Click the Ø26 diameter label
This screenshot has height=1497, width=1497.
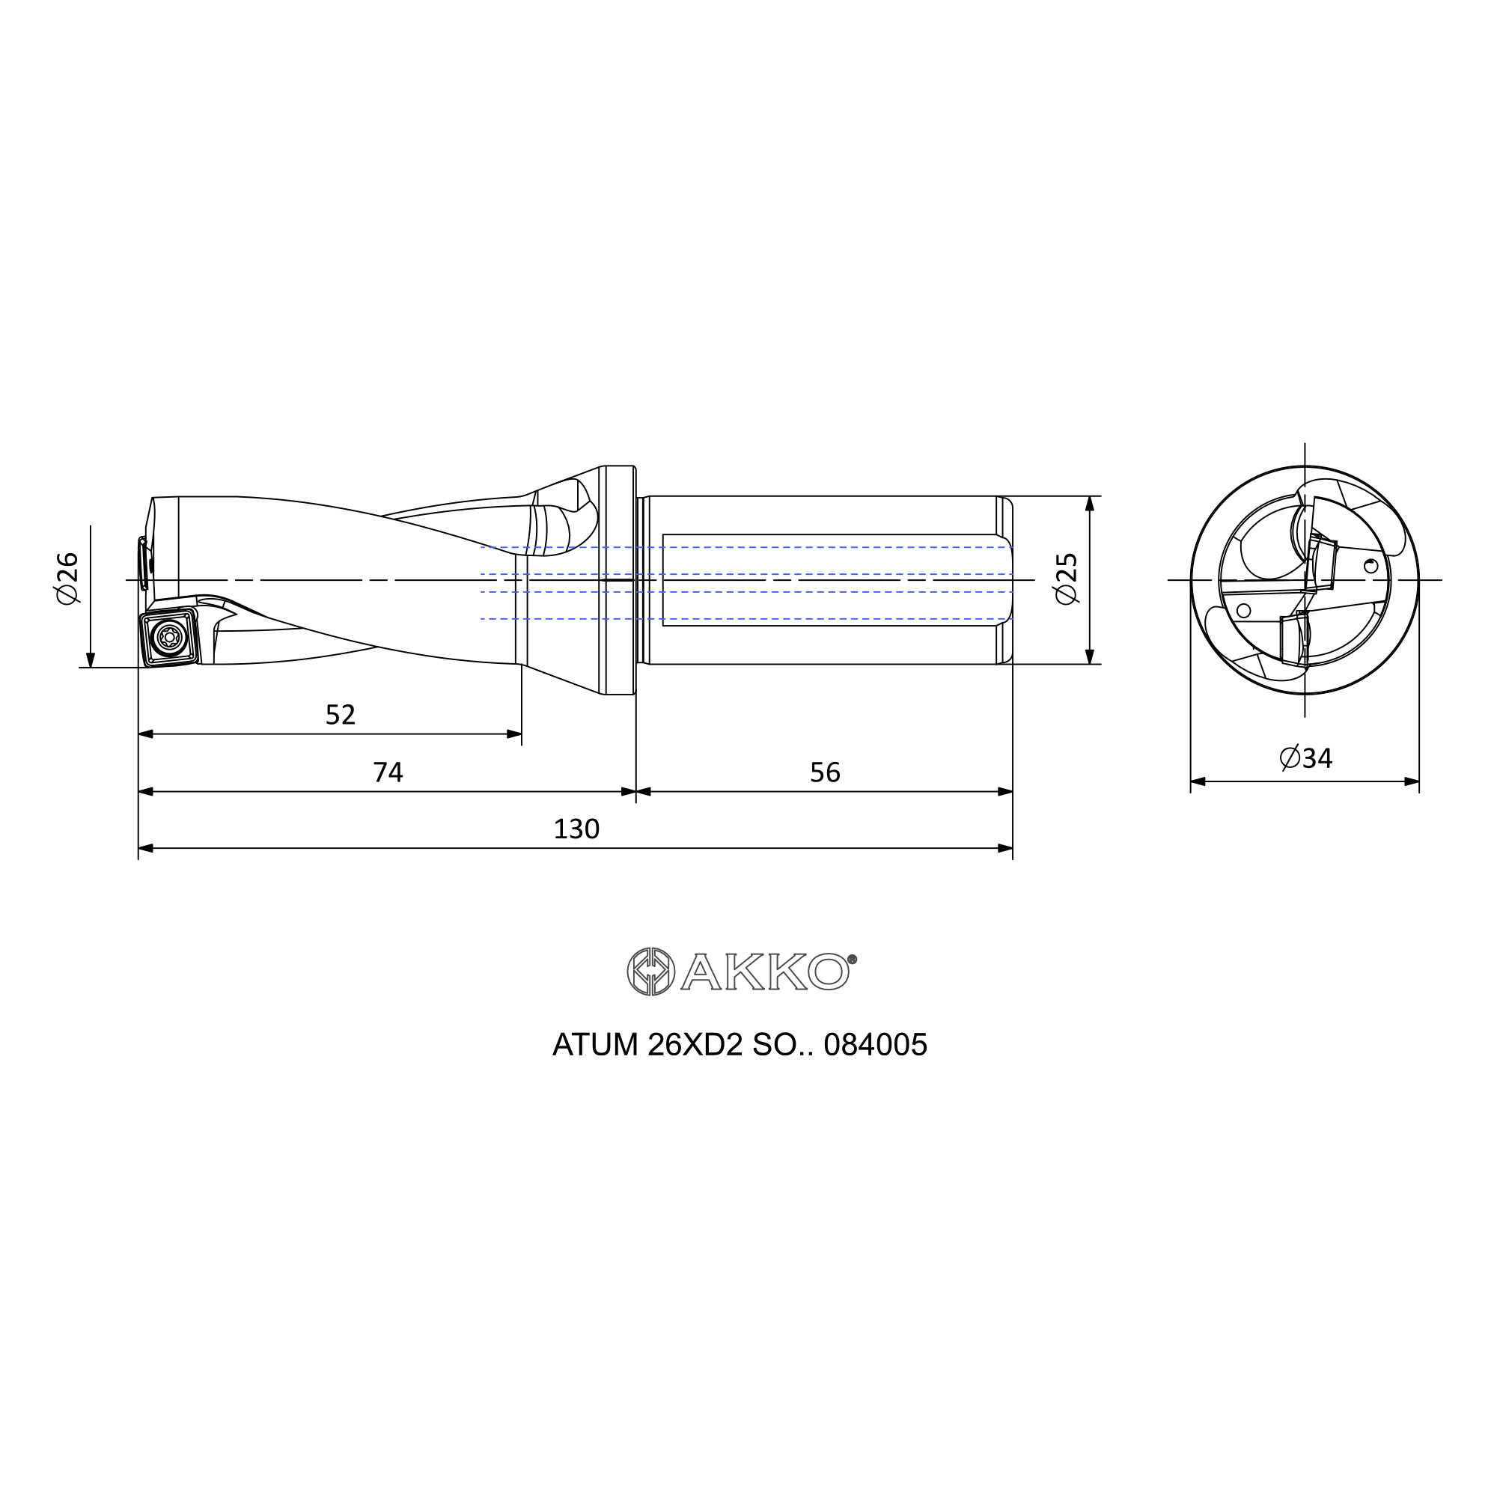click(67, 579)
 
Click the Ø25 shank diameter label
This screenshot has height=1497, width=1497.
click(1066, 579)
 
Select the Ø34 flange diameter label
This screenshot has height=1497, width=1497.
click(1305, 757)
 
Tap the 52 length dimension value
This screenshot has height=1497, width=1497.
click(340, 714)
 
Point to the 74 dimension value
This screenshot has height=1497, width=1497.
click(388, 772)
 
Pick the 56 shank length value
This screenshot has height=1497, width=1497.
click(825, 772)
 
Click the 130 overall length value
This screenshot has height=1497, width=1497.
click(576, 829)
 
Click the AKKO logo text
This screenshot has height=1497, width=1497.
click(765, 972)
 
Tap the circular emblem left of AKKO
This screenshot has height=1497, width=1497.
click(651, 972)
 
